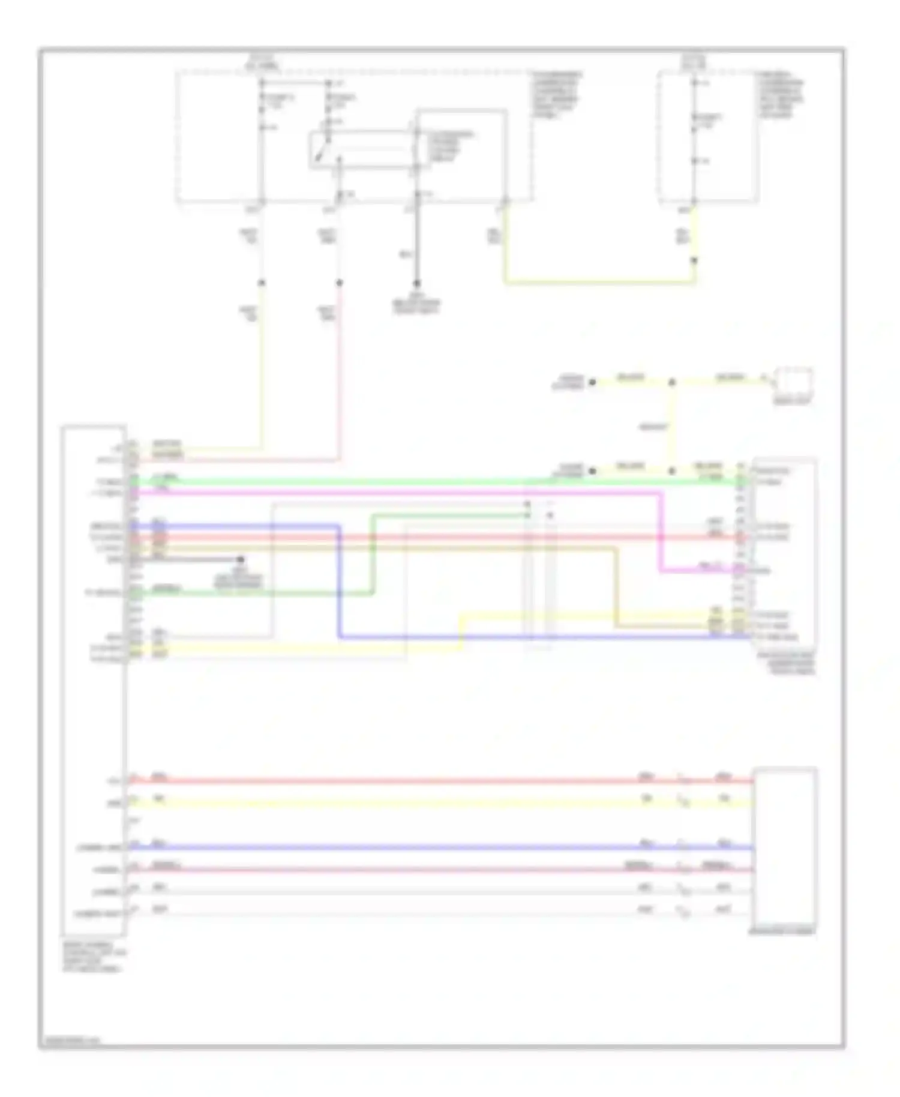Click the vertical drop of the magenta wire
661,531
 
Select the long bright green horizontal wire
420,481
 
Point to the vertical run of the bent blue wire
339,582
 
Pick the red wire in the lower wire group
420,781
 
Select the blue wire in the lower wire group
420,848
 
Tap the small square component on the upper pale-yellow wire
793,380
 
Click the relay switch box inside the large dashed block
360,149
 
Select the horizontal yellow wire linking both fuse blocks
600,281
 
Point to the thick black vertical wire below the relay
417,240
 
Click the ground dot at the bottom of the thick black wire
417,283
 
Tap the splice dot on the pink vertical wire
339,283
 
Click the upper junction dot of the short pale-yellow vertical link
672,382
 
